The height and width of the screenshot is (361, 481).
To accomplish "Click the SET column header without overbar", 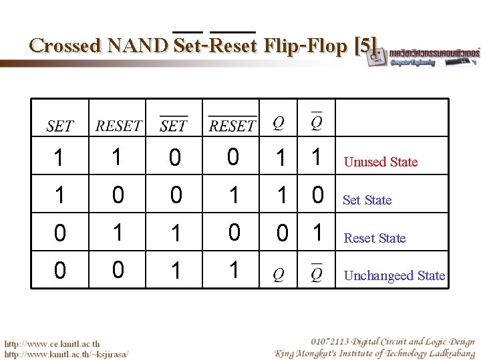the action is click(59, 126).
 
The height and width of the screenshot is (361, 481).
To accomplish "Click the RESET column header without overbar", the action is click(118, 126).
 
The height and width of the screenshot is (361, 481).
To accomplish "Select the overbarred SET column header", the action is click(174, 125).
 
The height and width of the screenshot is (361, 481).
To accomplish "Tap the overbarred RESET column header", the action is click(232, 125).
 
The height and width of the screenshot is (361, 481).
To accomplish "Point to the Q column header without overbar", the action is click(279, 124).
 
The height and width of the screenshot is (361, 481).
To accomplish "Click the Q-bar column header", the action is click(317, 123).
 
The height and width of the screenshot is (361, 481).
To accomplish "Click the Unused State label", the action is click(380, 162).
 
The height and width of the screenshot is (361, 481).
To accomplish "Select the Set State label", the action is click(367, 200).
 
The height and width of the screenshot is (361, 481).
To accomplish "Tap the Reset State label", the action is click(374, 238).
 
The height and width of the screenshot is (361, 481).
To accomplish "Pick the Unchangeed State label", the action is click(394, 275).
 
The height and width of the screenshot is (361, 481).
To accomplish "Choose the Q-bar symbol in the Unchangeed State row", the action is click(317, 275).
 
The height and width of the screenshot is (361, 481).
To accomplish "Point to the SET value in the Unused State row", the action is click(59, 158).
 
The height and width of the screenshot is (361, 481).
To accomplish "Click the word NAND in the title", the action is click(138, 45).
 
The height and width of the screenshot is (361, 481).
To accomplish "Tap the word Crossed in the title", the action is click(65, 45).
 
